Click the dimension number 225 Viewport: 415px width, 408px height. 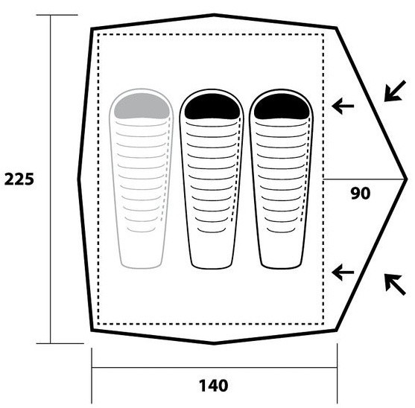pyautogui.click(x=19, y=179)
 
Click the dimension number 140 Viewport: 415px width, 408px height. pyautogui.click(x=213, y=386)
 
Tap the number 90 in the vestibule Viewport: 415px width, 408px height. pyautogui.click(x=360, y=194)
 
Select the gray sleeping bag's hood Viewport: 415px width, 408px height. pyautogui.click(x=142, y=106)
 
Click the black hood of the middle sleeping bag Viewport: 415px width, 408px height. pyautogui.click(x=212, y=106)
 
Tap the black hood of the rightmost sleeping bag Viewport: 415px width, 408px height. pyautogui.click(x=282, y=106)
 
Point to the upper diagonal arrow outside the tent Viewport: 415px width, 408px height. pyautogui.click(x=395, y=91)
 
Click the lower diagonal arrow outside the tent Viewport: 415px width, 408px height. pyautogui.click(x=395, y=284)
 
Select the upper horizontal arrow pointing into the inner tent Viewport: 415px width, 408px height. pyautogui.click(x=343, y=106)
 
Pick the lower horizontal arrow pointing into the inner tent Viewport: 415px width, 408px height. pyautogui.click(x=343, y=272)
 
